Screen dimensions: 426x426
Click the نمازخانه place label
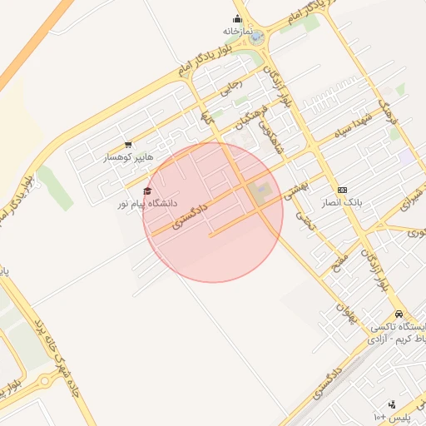(237, 31)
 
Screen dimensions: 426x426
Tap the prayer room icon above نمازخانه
(237, 19)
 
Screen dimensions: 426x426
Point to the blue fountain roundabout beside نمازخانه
(257, 37)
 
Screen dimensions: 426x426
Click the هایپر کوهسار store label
(123, 157)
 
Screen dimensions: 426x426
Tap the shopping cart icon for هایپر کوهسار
(127, 145)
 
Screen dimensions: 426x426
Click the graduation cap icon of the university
(148, 191)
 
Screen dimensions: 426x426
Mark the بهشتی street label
(296, 188)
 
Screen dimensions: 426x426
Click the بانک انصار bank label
(342, 202)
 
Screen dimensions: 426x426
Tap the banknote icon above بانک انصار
(342, 190)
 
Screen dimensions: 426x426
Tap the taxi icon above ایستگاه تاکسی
(400, 315)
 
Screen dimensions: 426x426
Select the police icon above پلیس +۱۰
(393, 404)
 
